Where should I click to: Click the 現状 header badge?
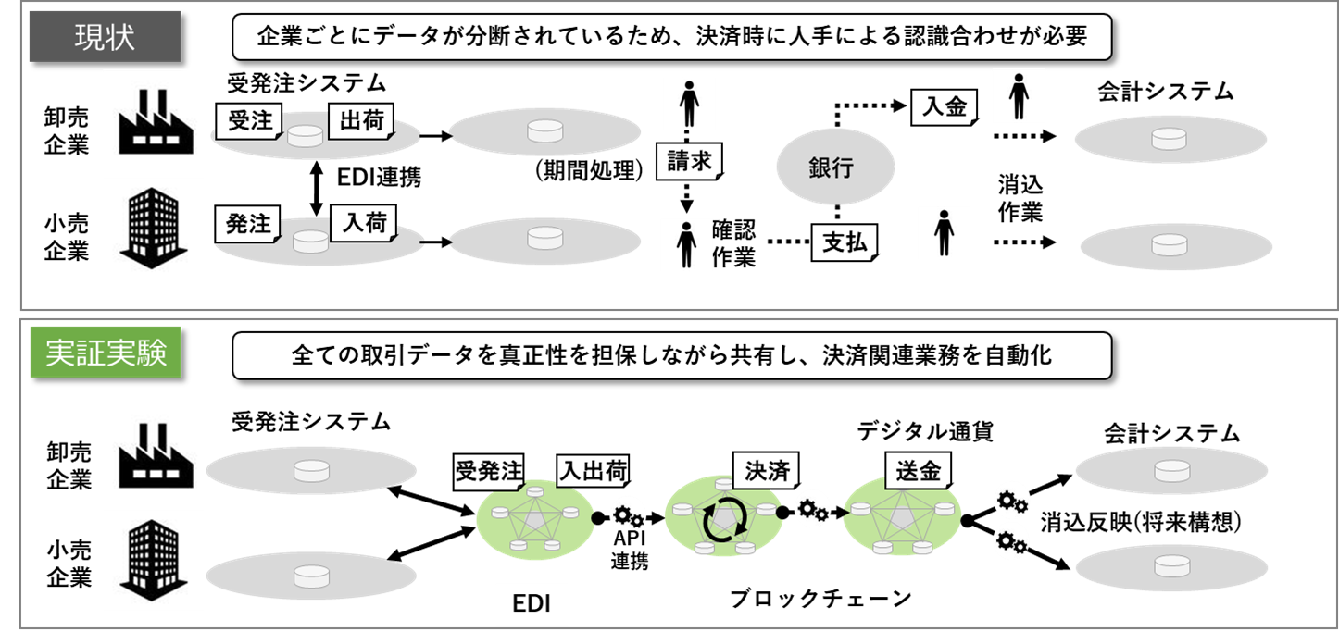pos(105,37)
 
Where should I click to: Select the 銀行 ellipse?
pos(835,168)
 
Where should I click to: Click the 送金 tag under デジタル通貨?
pos(918,471)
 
